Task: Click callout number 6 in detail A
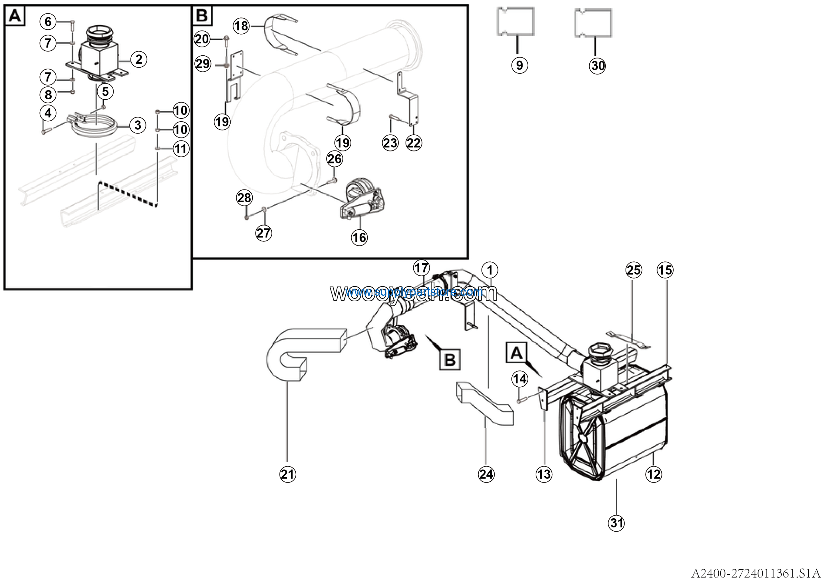click(x=48, y=22)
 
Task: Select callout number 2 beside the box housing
click(x=138, y=59)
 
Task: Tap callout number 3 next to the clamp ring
click(x=137, y=125)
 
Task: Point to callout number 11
click(x=181, y=149)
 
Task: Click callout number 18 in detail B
click(x=241, y=26)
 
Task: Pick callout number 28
click(x=245, y=198)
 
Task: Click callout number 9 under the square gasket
click(x=519, y=65)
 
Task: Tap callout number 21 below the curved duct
click(x=288, y=474)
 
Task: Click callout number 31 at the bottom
click(x=616, y=523)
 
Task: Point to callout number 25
click(x=634, y=270)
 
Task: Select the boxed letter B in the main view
click(x=450, y=359)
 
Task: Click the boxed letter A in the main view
click(x=517, y=353)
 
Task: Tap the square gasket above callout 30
click(x=593, y=23)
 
